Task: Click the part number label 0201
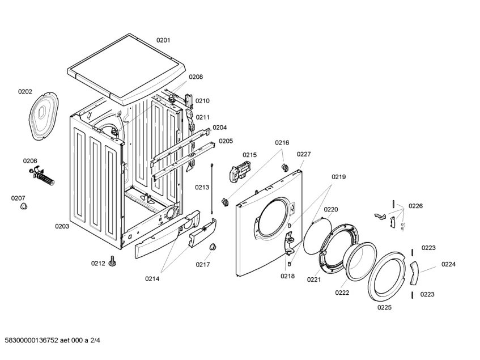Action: pyautogui.click(x=163, y=40)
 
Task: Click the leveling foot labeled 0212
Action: pyautogui.click(x=113, y=262)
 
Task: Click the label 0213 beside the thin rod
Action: pyautogui.click(x=202, y=187)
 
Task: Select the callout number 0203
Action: pyautogui.click(x=62, y=226)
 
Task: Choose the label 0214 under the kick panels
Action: pyautogui.click(x=151, y=278)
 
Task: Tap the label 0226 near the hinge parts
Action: pyautogui.click(x=415, y=206)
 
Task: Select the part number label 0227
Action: pyautogui.click(x=304, y=154)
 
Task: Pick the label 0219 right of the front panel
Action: pyautogui.click(x=338, y=177)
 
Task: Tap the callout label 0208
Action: pyautogui.click(x=196, y=77)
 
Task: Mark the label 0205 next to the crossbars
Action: pyautogui.click(x=226, y=141)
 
